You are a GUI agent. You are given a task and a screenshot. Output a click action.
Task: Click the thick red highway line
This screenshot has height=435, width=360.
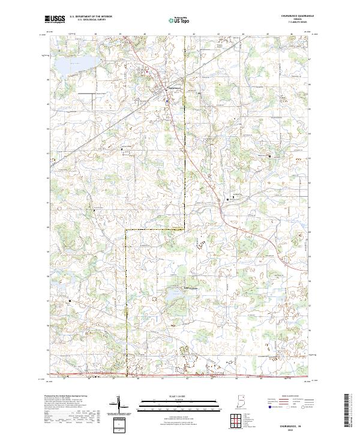[180, 376]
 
